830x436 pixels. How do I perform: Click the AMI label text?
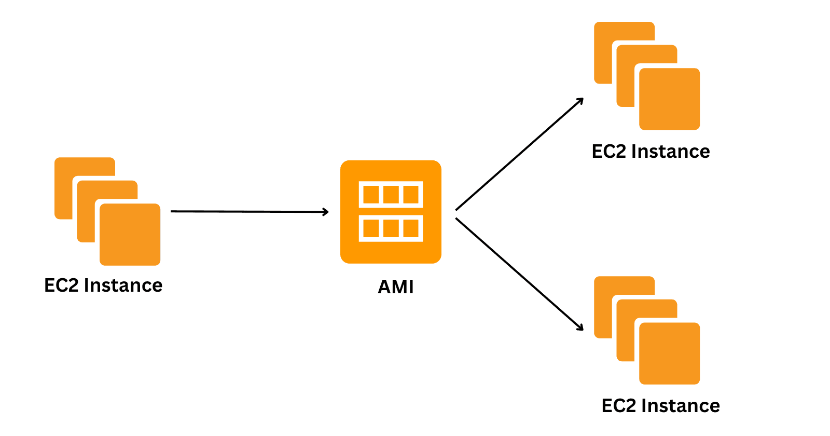tap(395, 287)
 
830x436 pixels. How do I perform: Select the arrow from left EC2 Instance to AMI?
tap(249, 211)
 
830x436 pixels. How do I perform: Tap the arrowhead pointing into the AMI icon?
tap(326, 212)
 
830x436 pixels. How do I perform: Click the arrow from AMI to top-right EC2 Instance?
tap(519, 154)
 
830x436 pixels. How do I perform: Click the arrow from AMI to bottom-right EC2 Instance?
tap(519, 274)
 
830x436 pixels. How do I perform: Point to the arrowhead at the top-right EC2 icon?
tap(580, 101)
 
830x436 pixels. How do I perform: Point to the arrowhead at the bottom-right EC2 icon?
tap(580, 327)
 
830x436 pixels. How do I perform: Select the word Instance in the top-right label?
tap(670, 152)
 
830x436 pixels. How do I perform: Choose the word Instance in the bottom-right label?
tap(680, 406)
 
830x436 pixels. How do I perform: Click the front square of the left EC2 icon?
tap(130, 235)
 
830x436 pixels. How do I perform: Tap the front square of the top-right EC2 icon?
tap(669, 99)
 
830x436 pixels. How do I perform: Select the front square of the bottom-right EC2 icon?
tap(669, 353)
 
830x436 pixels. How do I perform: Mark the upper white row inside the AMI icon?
tap(391, 195)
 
